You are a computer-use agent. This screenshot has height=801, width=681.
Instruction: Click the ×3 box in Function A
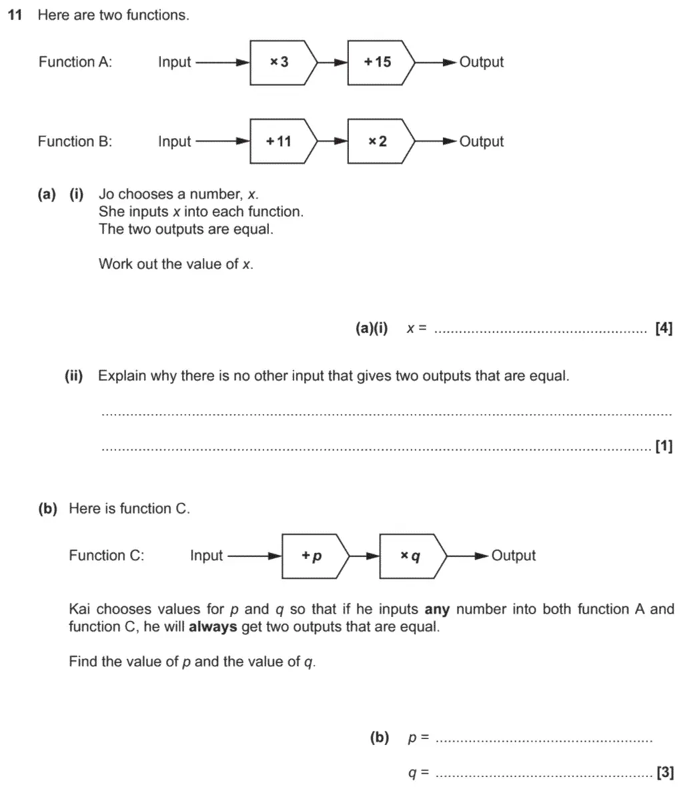click(x=279, y=62)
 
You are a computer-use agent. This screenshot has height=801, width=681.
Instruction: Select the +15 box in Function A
click(x=378, y=62)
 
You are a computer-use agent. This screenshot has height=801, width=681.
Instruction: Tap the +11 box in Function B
click(x=279, y=141)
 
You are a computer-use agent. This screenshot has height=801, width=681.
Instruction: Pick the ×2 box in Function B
click(x=378, y=141)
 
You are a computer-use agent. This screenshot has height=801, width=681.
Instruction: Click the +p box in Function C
click(x=312, y=556)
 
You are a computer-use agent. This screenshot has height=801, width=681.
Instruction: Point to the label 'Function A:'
click(x=75, y=62)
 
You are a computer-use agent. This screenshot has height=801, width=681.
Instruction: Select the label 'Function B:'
click(x=75, y=141)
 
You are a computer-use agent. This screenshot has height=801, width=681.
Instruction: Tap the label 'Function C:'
click(x=106, y=556)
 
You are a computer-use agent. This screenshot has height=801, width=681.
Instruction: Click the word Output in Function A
click(x=482, y=62)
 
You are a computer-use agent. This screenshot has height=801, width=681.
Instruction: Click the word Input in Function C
click(x=206, y=556)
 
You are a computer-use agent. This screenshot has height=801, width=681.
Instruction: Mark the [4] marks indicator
click(x=664, y=328)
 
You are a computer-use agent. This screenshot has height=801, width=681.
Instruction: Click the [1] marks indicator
click(x=664, y=446)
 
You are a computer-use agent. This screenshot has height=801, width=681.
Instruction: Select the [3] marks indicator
click(x=664, y=773)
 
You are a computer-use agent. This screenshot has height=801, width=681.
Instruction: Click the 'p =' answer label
click(x=418, y=738)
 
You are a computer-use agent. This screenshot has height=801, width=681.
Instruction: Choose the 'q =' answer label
click(x=418, y=773)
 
